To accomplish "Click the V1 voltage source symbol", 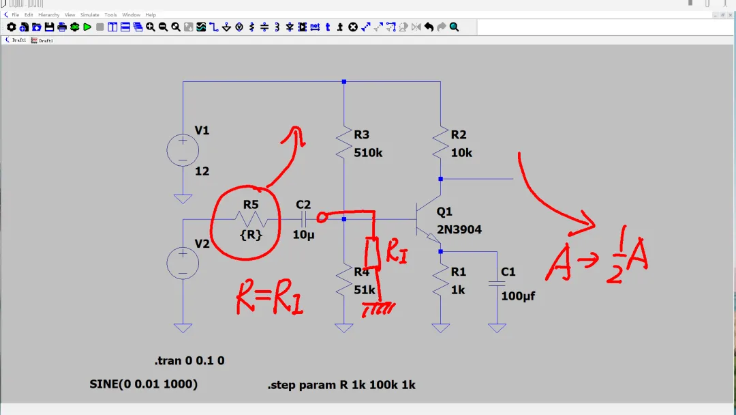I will coord(183,150).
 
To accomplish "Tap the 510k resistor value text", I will coord(368,153).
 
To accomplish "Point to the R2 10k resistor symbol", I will coord(440,143).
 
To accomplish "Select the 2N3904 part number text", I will coord(459,230).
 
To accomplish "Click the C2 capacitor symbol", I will coord(303,219).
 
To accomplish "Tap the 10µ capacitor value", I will coord(303,235).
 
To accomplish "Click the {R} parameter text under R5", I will coord(251,235).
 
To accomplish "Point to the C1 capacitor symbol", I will coord(497,282).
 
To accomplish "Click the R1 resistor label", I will coord(459,272).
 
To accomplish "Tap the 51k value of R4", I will coord(365,290).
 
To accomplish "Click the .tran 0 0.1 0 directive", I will coord(189,360).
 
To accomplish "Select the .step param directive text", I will coord(341,385).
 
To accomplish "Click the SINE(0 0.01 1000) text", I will coord(144,384).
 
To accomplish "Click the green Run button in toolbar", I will coord(87,27).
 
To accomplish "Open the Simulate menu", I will coord(89,15).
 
